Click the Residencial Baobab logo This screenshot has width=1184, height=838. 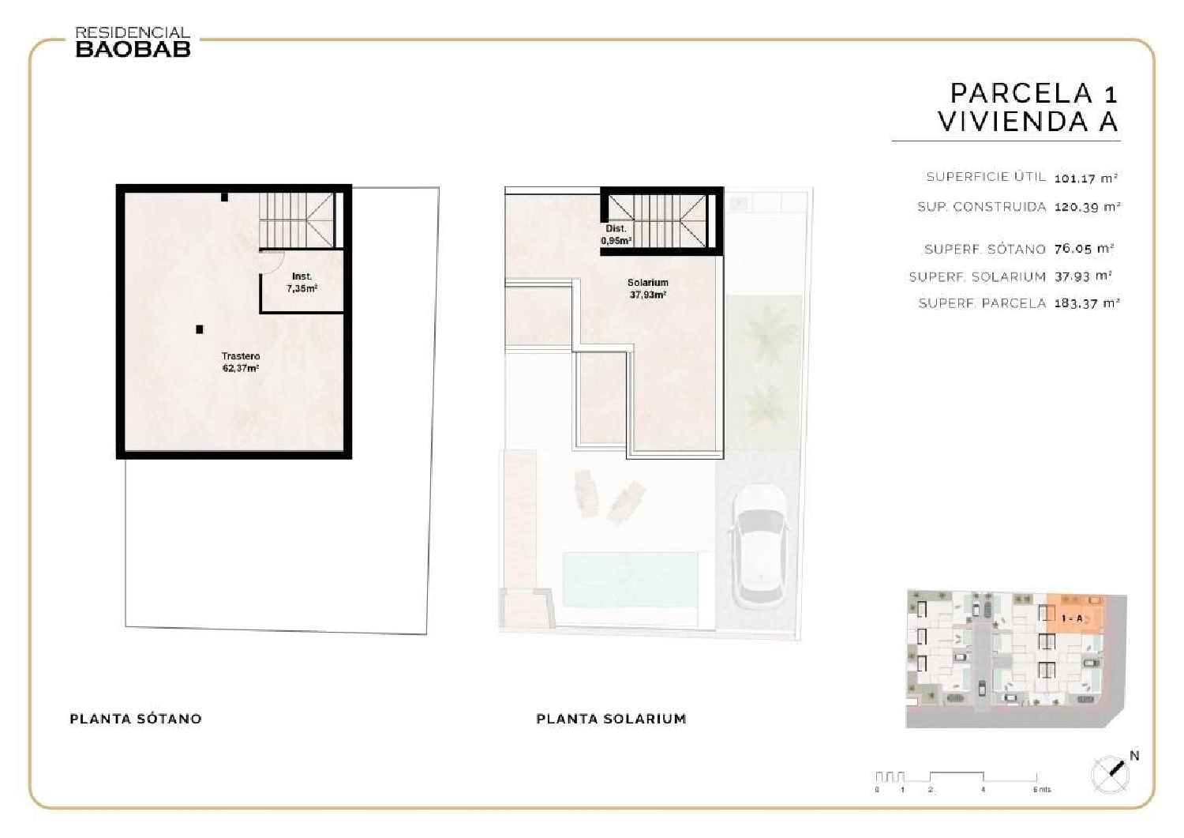(133, 43)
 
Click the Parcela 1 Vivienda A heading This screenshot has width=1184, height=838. (1029, 107)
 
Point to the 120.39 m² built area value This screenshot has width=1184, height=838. (1087, 207)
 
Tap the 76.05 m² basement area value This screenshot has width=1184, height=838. (1084, 249)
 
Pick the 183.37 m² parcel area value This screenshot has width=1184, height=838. (1087, 303)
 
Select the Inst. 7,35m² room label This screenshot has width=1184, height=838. (302, 283)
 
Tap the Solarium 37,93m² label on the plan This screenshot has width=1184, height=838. (647, 288)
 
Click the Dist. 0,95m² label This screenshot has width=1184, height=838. (616, 235)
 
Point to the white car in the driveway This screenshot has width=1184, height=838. (759, 546)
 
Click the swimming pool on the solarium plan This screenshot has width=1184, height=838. (630, 579)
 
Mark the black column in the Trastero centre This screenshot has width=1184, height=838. (200, 329)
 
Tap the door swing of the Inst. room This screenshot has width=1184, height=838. (271, 261)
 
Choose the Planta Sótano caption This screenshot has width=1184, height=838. (136, 719)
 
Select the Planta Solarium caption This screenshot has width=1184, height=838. (611, 719)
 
